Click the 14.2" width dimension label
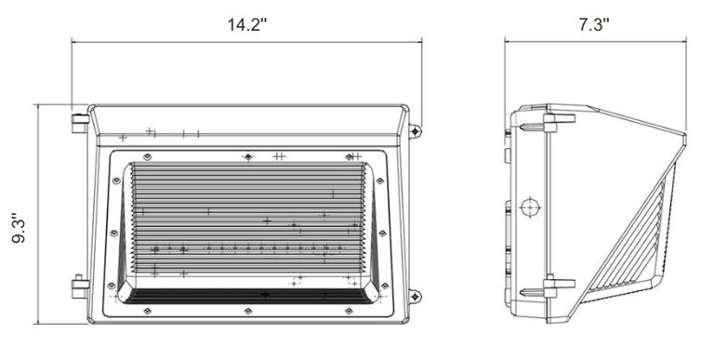pyautogui.click(x=246, y=24)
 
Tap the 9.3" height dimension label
pyautogui.click(x=19, y=228)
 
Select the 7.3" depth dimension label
pyautogui.click(x=594, y=24)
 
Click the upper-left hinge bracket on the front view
pyautogui.click(x=80, y=124)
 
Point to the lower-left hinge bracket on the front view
pyautogui.click(x=80, y=287)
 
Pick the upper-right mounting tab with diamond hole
pyautogui.click(x=415, y=131)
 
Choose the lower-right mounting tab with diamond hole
pyautogui.click(x=415, y=296)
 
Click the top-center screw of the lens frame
pyautogui.click(x=248, y=157)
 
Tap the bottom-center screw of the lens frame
pyautogui.click(x=248, y=311)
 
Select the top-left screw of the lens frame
pyautogui.click(x=147, y=157)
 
